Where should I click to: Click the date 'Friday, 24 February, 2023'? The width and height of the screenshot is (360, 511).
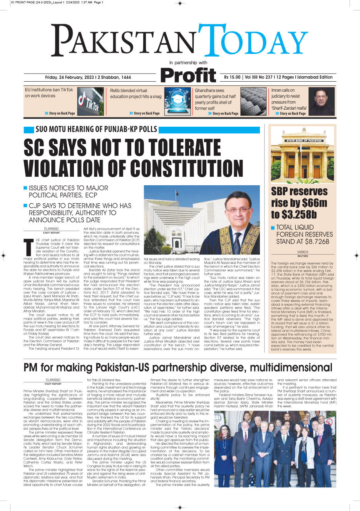[69, 77]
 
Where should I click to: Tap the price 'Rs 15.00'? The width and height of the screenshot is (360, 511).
[232, 77]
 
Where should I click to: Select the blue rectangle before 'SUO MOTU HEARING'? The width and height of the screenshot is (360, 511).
[28, 130]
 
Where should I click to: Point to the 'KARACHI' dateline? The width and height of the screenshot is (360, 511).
[303, 252]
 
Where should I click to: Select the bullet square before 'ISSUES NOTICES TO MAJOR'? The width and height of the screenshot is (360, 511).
[25, 188]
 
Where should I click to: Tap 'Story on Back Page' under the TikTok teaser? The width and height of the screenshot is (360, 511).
[62, 114]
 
